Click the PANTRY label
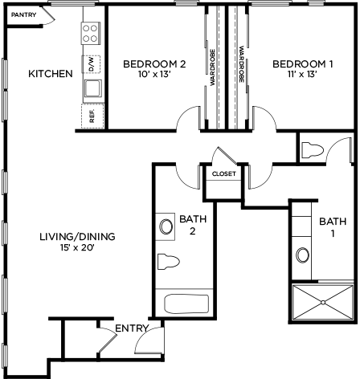click(x=23, y=14)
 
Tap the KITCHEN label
click(x=51, y=74)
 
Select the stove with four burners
click(x=91, y=33)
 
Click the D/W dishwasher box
click(x=91, y=64)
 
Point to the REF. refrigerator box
click(x=92, y=116)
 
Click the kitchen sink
click(x=93, y=88)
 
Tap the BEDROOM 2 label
click(x=154, y=64)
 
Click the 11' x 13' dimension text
click(x=302, y=74)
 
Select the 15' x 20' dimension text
click(x=78, y=248)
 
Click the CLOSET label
click(x=224, y=174)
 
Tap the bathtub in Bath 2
click(x=186, y=304)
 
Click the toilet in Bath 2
click(x=168, y=261)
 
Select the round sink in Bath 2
click(x=166, y=226)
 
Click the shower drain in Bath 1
click(x=323, y=303)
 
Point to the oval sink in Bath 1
click(x=302, y=255)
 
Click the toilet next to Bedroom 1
click(x=313, y=150)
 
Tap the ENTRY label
click(x=132, y=328)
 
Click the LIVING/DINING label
click(x=77, y=237)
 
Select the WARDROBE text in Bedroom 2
click(x=213, y=67)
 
